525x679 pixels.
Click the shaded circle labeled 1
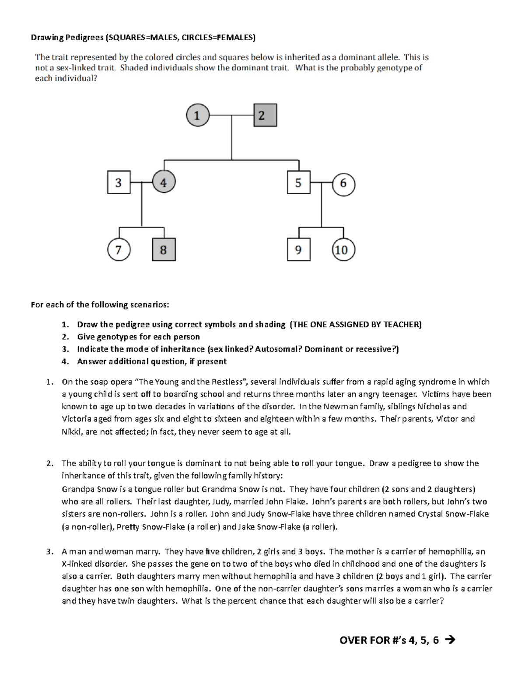coord(197,115)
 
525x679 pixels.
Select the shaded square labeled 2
coord(265,115)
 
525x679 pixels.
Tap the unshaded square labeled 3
coord(119,182)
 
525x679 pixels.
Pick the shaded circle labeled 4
coord(164,182)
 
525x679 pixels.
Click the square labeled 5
coord(299,182)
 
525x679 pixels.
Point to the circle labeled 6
coord(343,184)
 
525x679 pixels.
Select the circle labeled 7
coord(119,250)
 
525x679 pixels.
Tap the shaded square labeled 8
coord(164,250)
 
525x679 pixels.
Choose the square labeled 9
coord(299,250)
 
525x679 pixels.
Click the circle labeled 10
coord(343,250)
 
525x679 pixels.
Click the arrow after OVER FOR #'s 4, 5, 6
coord(450,641)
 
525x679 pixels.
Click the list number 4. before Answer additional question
coord(65,362)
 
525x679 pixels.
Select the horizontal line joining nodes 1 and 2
coord(231,116)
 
